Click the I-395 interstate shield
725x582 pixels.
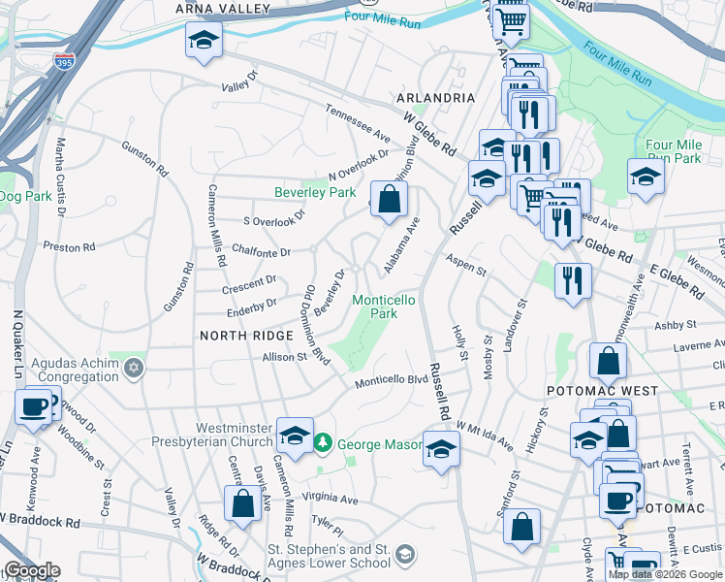[x=65, y=61]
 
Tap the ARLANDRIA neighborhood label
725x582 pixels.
[x=435, y=99]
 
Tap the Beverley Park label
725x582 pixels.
[x=315, y=193]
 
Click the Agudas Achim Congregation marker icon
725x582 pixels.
[x=134, y=368]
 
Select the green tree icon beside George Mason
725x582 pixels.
[x=322, y=444]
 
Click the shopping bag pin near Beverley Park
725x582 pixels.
[x=389, y=199]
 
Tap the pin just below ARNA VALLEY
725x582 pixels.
[x=204, y=40]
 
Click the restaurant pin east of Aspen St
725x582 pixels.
[x=573, y=280]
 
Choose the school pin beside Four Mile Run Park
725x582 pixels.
[x=645, y=177]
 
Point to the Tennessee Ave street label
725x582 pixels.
[x=357, y=123]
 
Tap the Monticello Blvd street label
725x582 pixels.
[x=391, y=380]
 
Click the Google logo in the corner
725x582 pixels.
[x=32, y=570]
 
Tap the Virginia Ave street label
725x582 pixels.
[x=330, y=500]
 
